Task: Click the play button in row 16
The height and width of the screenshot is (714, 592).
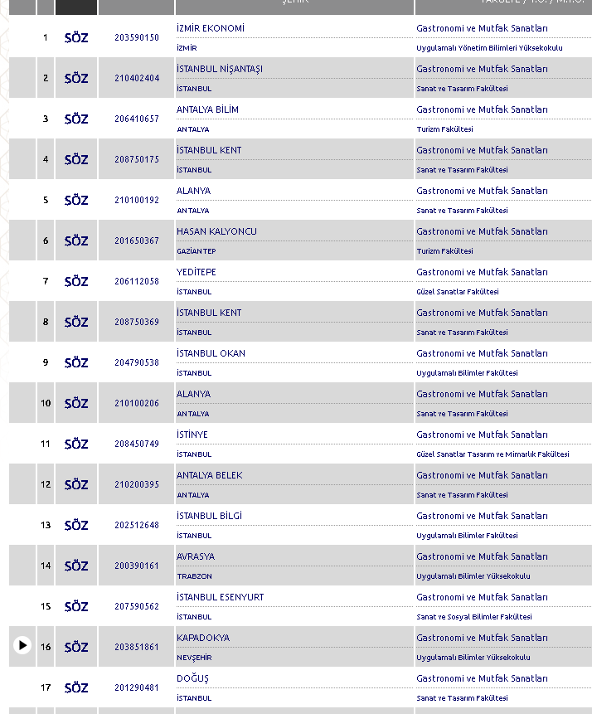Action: point(22,645)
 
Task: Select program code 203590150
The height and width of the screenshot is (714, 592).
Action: point(137,37)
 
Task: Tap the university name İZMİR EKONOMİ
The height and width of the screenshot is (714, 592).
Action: point(211,28)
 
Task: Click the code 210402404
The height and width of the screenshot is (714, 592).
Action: point(137,78)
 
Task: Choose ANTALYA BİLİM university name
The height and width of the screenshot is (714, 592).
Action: point(207,109)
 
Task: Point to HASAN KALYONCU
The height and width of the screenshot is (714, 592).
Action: point(216,231)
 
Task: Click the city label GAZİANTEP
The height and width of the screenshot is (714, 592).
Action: point(197,251)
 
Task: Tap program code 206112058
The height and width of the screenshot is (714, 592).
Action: point(137,281)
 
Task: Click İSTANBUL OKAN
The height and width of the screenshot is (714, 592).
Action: point(211,353)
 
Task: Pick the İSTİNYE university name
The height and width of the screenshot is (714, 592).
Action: point(192,435)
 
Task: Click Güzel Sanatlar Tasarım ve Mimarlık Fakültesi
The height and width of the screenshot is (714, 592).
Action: point(493,454)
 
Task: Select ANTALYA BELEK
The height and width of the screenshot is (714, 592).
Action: point(210,475)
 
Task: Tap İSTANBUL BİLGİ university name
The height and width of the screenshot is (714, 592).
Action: point(209,516)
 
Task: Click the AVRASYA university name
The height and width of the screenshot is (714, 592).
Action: point(196,556)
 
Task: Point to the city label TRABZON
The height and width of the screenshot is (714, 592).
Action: point(194,576)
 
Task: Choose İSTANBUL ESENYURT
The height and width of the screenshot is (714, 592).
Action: point(219,597)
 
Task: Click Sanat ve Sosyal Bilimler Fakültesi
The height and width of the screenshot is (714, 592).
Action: point(474,617)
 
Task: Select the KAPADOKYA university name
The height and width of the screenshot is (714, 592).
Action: point(203,638)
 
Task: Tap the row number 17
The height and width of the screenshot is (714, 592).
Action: point(46,687)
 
